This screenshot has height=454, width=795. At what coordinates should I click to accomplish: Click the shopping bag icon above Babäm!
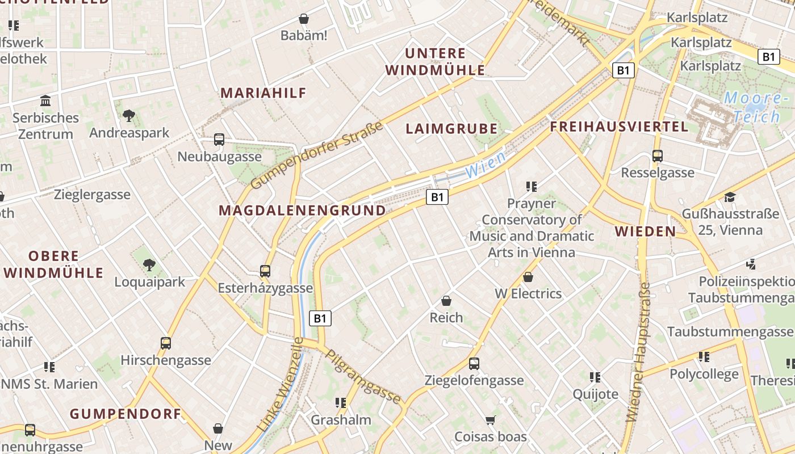[304, 19]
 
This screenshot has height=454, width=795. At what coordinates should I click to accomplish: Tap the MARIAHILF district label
[263, 93]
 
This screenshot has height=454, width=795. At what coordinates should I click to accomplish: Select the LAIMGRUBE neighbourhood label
[451, 129]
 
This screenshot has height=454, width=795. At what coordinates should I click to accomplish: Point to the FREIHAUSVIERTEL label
[619, 127]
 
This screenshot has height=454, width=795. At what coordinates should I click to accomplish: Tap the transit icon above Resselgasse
[658, 155]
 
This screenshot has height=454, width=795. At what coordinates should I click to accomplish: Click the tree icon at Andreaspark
[129, 116]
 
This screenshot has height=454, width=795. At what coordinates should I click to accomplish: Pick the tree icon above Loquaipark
[149, 264]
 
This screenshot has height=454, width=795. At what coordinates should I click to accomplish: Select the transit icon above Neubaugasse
[219, 140]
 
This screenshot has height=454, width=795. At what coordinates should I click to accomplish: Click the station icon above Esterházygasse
[265, 271]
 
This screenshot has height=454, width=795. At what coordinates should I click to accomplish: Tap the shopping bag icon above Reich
[446, 300]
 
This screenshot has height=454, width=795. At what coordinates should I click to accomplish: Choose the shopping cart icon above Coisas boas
[490, 421]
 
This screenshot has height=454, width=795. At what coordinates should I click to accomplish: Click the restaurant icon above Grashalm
[341, 403]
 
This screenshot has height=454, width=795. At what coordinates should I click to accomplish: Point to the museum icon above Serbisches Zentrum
[45, 101]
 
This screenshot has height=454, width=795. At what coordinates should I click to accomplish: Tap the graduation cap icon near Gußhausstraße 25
[730, 197]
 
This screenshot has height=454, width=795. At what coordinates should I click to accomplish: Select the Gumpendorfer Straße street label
[317, 155]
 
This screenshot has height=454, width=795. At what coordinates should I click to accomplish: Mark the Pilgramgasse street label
[363, 376]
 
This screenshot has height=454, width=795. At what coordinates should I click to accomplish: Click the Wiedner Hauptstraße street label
[638, 352]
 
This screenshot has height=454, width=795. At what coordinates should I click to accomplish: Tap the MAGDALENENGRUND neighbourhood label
[302, 211]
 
